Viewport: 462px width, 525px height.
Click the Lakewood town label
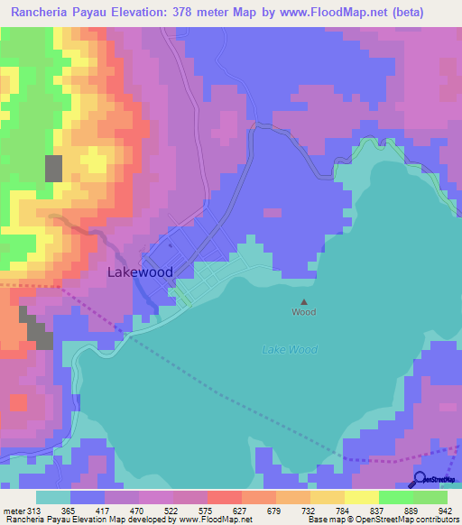click(140, 272)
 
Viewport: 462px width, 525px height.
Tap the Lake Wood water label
click(291, 350)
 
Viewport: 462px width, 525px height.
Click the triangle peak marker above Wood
click(304, 302)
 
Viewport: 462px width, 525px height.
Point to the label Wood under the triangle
click(304, 312)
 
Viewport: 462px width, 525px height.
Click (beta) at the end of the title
click(428, 13)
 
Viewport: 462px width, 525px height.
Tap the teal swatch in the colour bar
click(53, 498)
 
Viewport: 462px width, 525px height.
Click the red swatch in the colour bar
click(225, 498)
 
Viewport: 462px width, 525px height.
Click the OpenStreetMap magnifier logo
click(419, 479)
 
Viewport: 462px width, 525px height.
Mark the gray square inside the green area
click(54, 169)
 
